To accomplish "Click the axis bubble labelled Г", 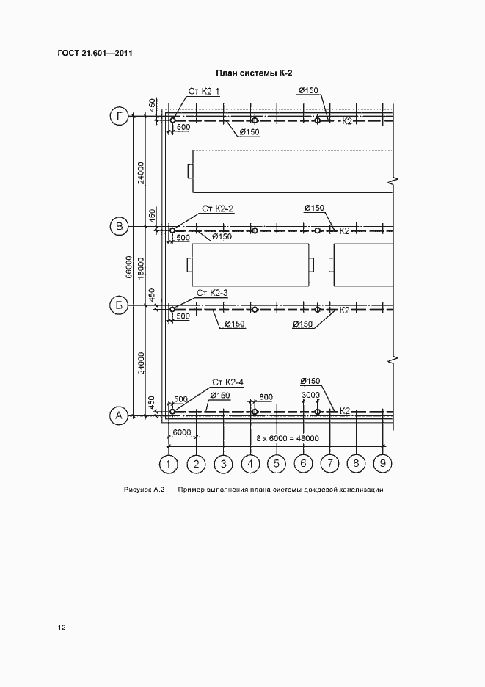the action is coord(119,116).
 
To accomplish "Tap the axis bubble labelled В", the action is coord(119,227).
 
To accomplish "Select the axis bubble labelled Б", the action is coord(119,305).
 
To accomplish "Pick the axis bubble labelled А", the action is coord(119,415).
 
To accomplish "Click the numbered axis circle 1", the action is coord(168,464).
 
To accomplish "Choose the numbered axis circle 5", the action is coord(277,464).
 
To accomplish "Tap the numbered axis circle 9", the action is coord(383,464).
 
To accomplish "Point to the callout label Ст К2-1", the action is coord(204,91).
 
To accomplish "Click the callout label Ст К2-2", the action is coord(218,208).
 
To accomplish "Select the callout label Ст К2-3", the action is coord(212,293).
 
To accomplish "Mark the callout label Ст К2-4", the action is coord(227,382).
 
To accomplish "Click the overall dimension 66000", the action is coord(129,267).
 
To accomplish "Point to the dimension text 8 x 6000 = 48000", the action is coord(288,438).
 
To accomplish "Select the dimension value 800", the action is coord(266,397).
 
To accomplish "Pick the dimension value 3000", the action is coord(310,395).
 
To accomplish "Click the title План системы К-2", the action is coord(254,73).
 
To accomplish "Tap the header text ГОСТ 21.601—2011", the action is coord(95,53).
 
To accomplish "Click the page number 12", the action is coord(62,628).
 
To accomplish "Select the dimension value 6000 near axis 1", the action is coord(181,432).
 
